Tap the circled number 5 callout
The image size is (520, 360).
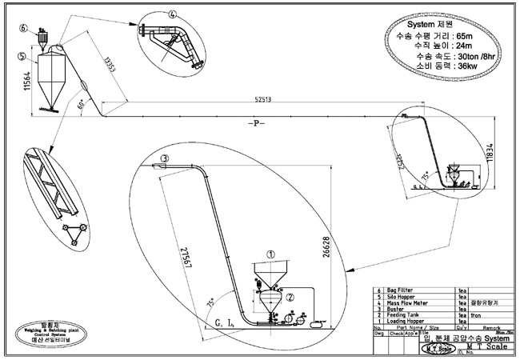coord(19,56)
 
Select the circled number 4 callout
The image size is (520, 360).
coord(172,13)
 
